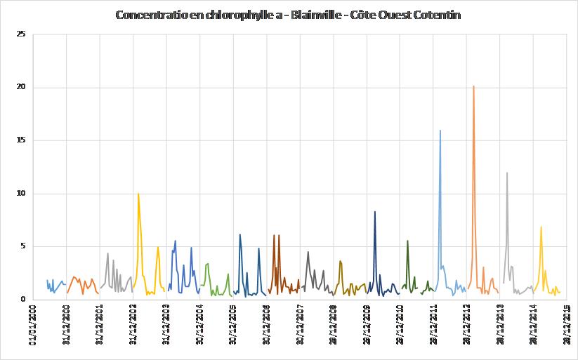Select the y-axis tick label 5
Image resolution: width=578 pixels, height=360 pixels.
point(21,246)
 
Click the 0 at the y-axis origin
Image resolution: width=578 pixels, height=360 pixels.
point(21,300)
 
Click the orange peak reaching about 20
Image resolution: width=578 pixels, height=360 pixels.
point(473,87)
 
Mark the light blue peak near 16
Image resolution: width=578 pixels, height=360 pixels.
point(440,131)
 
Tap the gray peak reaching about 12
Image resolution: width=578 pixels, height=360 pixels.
point(506,173)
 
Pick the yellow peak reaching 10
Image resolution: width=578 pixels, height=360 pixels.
point(138,194)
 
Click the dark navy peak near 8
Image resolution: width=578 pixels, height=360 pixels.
point(375,212)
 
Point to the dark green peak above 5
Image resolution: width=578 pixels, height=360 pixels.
point(407,241)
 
